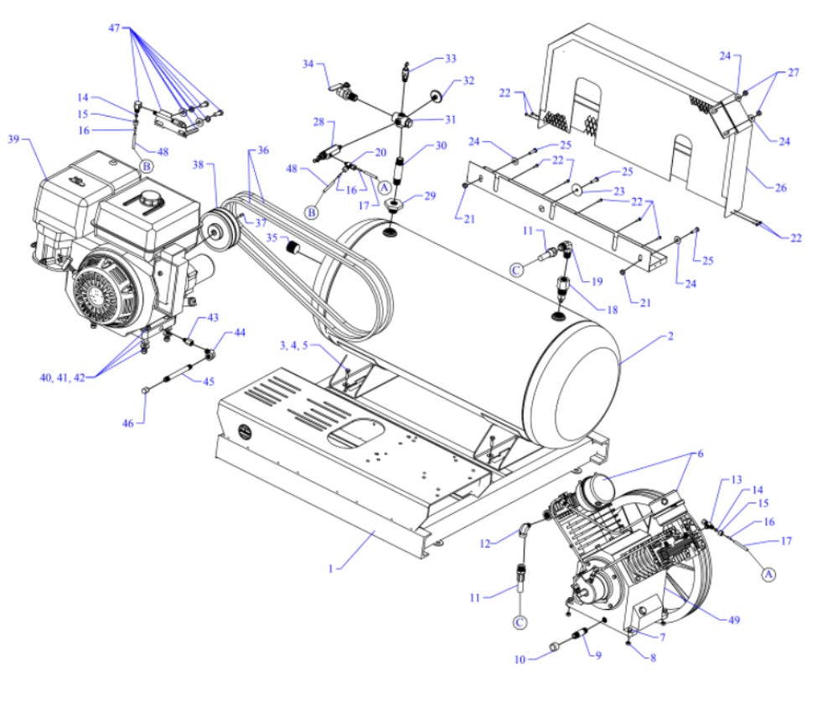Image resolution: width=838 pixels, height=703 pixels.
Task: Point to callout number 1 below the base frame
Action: pyautogui.click(x=332, y=569)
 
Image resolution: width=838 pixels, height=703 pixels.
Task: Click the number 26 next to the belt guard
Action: pyautogui.click(x=780, y=188)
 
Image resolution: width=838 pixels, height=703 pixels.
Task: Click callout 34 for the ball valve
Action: pyautogui.click(x=308, y=64)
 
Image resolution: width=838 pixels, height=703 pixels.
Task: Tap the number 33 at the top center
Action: pyautogui.click(x=451, y=58)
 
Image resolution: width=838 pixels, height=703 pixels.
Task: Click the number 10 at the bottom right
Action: pyautogui.click(x=519, y=659)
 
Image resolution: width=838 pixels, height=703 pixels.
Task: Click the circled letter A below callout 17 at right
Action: pyautogui.click(x=766, y=574)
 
